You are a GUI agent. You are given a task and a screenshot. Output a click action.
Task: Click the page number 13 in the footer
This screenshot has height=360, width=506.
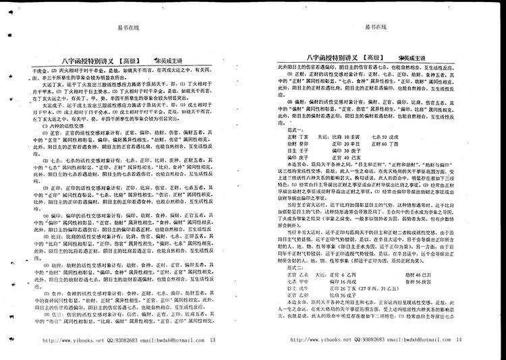click(x=213, y=340)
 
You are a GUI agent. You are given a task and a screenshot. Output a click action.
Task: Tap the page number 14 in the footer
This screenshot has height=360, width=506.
click(x=459, y=340)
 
